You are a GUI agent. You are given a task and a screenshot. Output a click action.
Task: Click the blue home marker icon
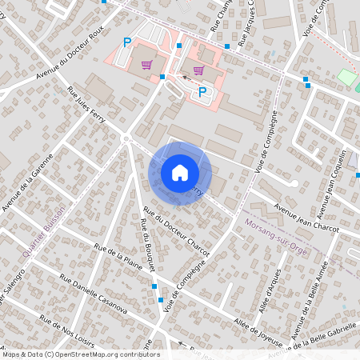tap(180, 173)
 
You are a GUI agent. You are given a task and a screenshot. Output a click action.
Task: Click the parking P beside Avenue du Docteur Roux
tap(126, 42)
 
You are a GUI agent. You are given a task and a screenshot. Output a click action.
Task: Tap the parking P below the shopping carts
tap(202, 92)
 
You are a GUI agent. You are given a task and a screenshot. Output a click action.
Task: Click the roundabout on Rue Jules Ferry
tap(126, 139)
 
